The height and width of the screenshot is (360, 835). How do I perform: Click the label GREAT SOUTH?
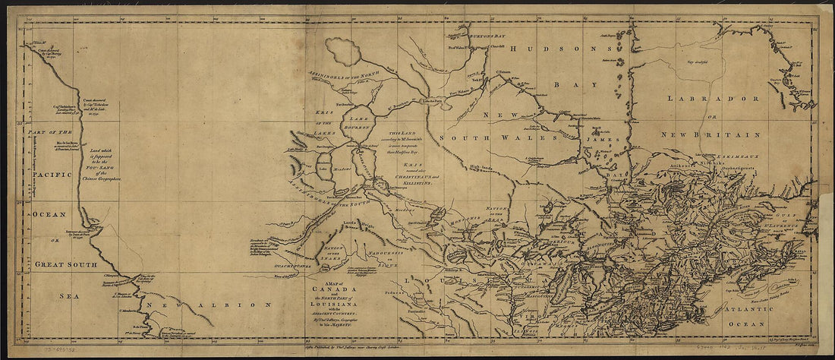(65, 264)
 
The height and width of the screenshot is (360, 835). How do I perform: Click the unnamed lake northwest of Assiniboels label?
(344, 52)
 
